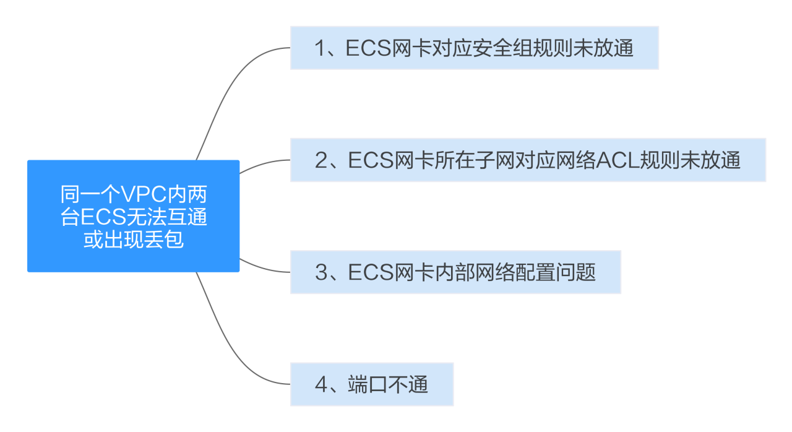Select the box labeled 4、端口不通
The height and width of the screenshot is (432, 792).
pyautogui.click(x=372, y=384)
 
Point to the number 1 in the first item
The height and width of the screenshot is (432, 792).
pyautogui.click(x=321, y=48)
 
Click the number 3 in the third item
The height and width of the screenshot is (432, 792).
pyautogui.click(x=321, y=272)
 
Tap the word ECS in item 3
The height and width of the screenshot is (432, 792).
pyautogui.click(x=369, y=272)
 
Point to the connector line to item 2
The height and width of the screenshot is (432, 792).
pyautogui.click(x=263, y=163)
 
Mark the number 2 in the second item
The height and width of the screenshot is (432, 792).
pyautogui.click(x=321, y=160)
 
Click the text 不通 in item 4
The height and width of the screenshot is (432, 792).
pyautogui.click(x=408, y=384)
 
